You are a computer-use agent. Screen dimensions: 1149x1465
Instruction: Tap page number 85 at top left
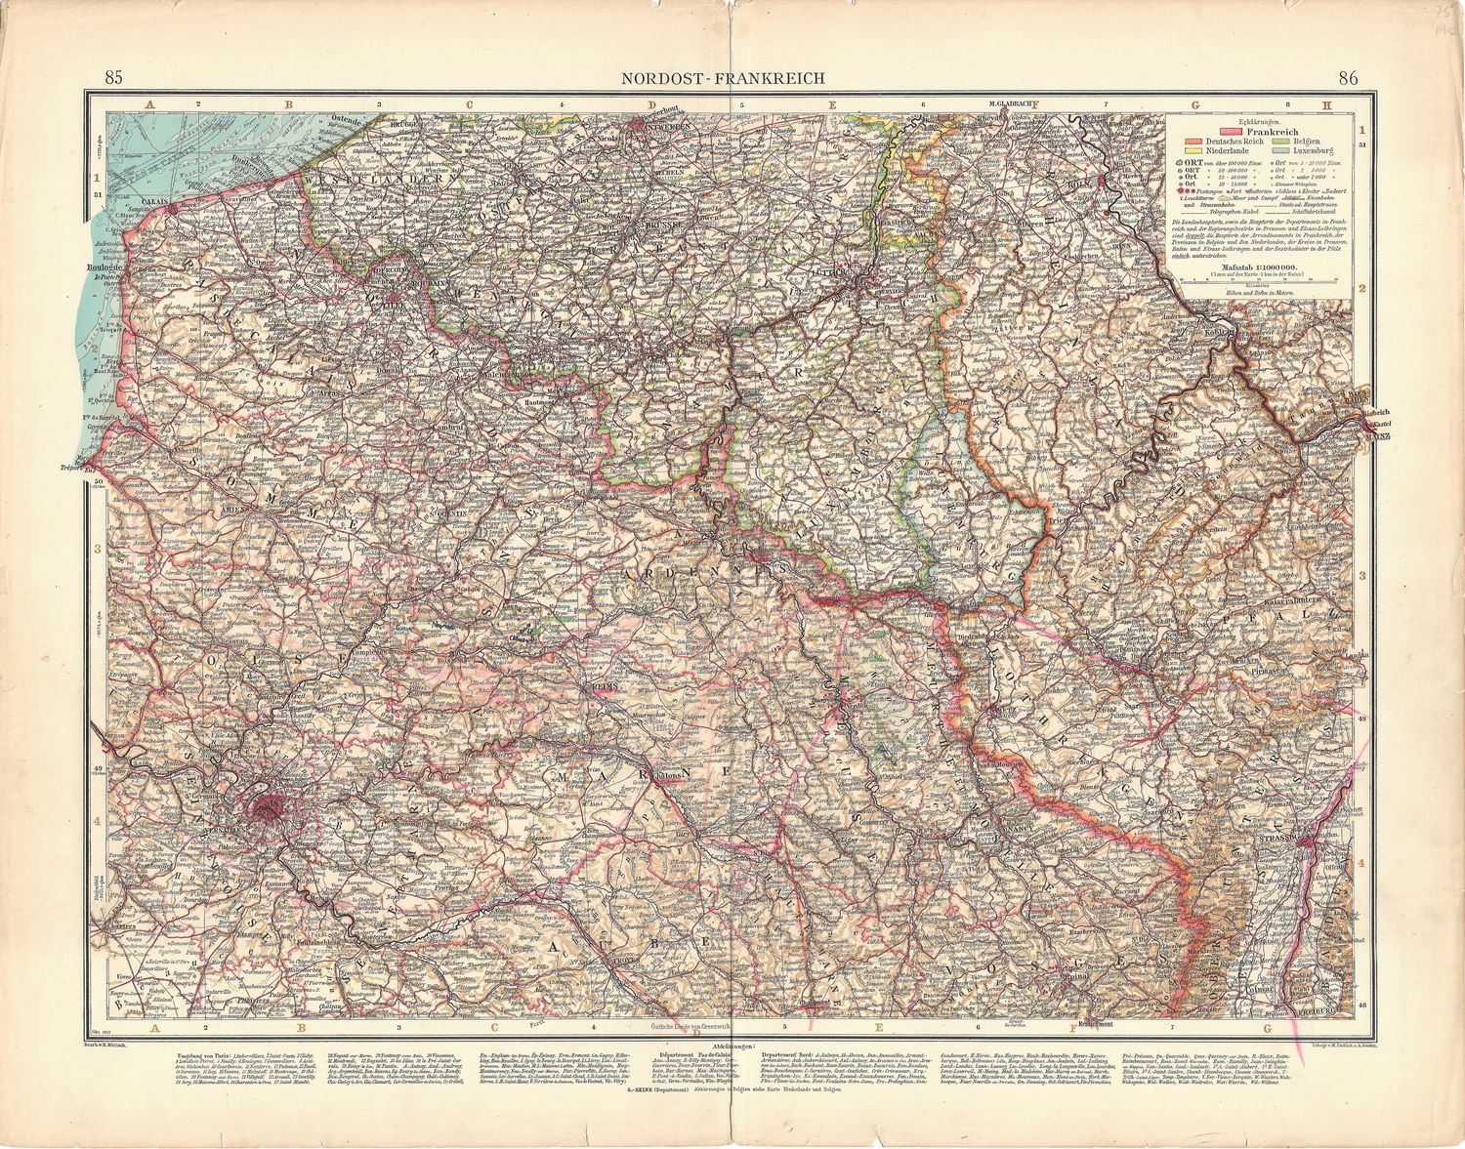coord(113,78)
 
